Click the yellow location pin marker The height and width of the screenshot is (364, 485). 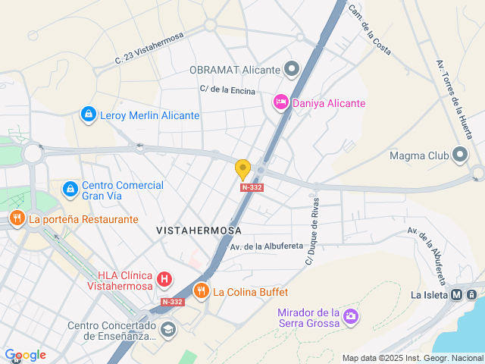tap(242, 169)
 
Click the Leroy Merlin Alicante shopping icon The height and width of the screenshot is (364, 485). tap(89, 115)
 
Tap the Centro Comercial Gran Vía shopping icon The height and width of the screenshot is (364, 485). tap(70, 187)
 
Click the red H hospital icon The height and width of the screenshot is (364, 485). tap(163, 280)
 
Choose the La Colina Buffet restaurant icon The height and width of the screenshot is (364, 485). tap(201, 290)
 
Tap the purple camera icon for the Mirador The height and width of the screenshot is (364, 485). tap(351, 315)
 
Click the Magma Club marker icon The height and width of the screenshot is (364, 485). tap(460, 155)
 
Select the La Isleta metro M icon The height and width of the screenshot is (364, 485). tap(456, 295)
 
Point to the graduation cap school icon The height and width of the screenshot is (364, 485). tap(167, 330)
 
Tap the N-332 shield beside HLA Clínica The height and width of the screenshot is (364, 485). tap(172, 301)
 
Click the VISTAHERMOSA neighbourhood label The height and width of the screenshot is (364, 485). tap(199, 230)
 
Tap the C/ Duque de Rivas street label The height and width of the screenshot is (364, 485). tap(312, 231)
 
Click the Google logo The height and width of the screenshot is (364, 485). tap(25, 355)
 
